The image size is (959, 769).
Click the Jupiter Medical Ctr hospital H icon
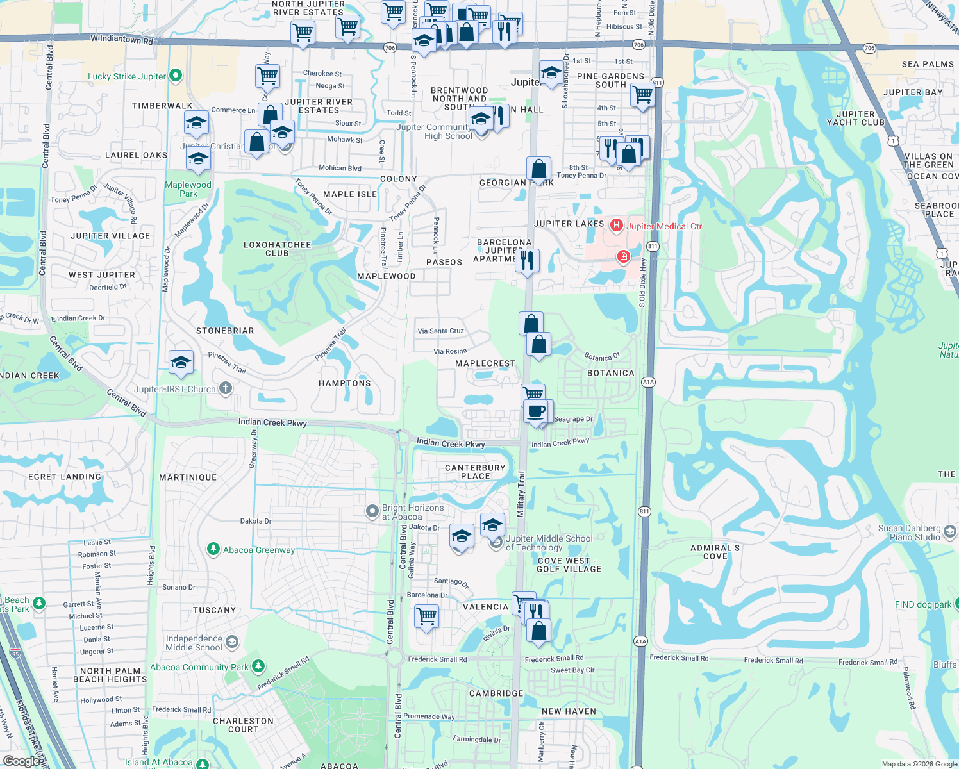coord(617,225)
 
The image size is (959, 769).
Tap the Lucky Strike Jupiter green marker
coord(175,76)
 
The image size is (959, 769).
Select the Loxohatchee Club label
coord(277,249)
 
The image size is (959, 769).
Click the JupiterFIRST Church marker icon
coord(226,388)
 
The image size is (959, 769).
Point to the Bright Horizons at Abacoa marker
coord(372,511)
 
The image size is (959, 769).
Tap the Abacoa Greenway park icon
coord(213,549)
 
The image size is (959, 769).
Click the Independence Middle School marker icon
coord(231,642)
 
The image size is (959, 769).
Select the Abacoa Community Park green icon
coord(258,666)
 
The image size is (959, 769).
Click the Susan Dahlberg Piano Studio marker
coord(950,532)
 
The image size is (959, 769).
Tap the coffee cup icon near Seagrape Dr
coord(535,411)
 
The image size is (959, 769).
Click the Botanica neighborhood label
coord(610,373)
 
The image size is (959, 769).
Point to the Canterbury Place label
coord(475,472)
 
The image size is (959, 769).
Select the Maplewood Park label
coord(188,189)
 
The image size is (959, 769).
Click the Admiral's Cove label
coord(715,552)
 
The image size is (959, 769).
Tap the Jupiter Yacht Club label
coord(855,119)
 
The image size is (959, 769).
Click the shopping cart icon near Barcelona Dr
coord(426,616)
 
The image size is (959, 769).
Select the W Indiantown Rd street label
coord(122,40)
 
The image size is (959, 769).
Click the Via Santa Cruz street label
coord(440,331)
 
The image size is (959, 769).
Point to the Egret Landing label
coord(65,477)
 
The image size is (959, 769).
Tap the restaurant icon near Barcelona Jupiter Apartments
coord(527,261)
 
